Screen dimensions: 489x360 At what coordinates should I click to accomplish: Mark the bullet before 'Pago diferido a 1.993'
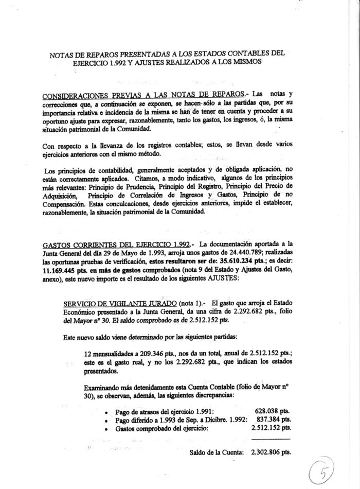[106, 420]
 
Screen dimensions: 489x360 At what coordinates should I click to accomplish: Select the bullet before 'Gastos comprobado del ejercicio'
[106, 428]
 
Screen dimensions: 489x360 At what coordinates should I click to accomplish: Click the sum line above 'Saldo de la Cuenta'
[269, 439]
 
